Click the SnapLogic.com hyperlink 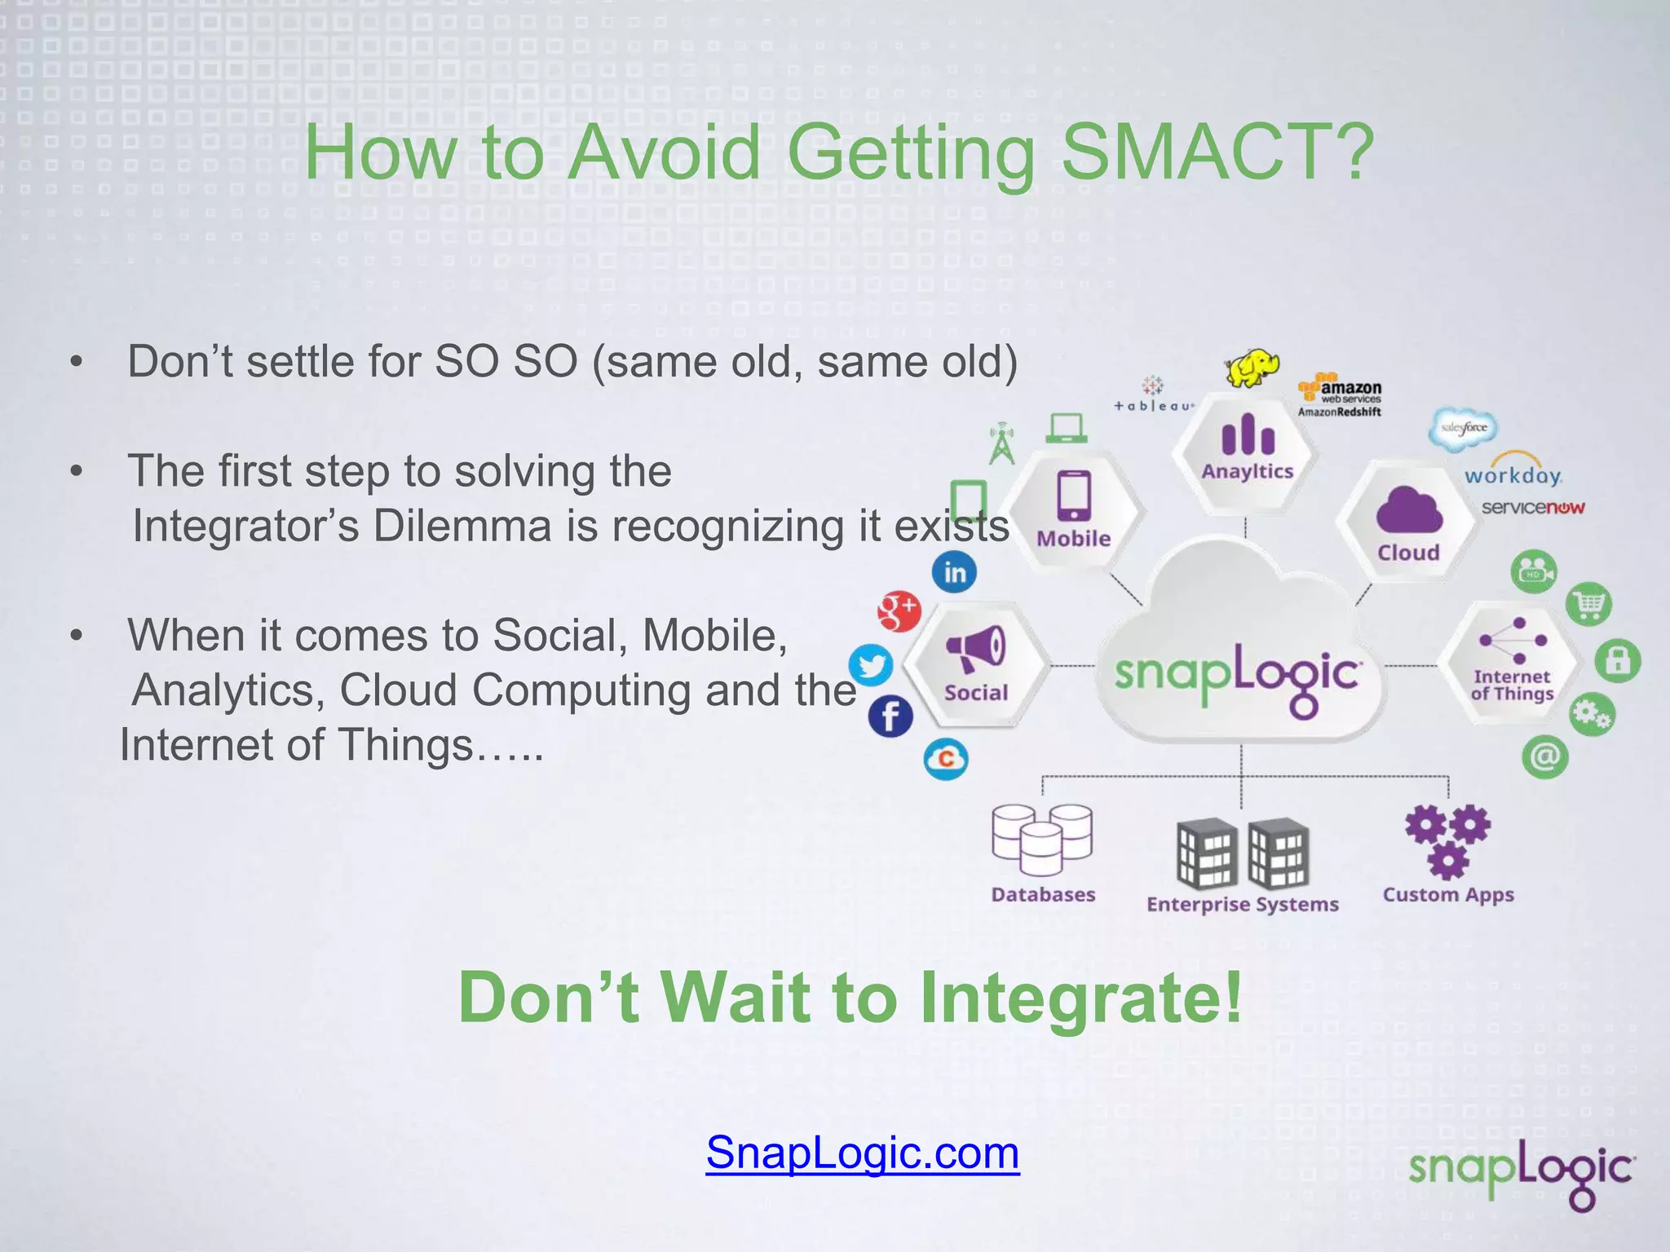coord(862,1153)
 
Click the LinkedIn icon coord(954,572)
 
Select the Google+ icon coord(899,611)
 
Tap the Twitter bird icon coord(871,665)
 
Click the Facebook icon coord(890,716)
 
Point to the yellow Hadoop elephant coord(1252,368)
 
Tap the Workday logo coord(1513,473)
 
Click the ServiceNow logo coord(1532,508)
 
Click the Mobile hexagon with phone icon coord(1073,509)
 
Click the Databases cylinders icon coord(1042,840)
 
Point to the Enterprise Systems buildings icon coord(1242,853)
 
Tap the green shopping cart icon coord(1588,605)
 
